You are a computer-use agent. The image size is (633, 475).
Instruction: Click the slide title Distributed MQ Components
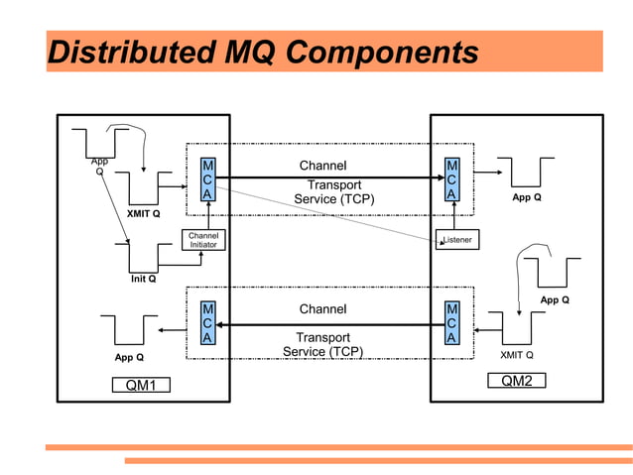263,52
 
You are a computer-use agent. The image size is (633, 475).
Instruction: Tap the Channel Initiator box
202,240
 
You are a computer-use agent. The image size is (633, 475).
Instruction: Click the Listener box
456,240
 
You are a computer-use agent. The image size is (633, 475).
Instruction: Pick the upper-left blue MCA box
207,180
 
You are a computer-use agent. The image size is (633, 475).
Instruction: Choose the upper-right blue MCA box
451,180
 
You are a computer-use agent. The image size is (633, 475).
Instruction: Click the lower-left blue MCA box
207,324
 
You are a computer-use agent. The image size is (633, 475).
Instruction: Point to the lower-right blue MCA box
451,324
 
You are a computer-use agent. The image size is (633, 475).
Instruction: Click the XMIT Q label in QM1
144,213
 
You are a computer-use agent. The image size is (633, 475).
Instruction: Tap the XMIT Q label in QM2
516,354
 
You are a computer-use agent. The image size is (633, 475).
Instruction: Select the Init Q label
144,280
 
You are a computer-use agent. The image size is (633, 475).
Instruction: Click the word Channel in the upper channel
323,166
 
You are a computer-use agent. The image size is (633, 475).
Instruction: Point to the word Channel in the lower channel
323,309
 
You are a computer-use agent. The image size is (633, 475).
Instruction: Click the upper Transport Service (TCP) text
333,192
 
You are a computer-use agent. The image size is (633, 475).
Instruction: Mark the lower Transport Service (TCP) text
323,344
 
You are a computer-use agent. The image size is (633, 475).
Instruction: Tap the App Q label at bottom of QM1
128,357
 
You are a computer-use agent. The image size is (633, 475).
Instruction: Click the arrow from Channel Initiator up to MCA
207,216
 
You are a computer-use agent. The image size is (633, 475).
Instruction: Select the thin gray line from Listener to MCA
327,212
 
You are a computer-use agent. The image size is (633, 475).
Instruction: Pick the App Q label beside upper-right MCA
526,197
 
